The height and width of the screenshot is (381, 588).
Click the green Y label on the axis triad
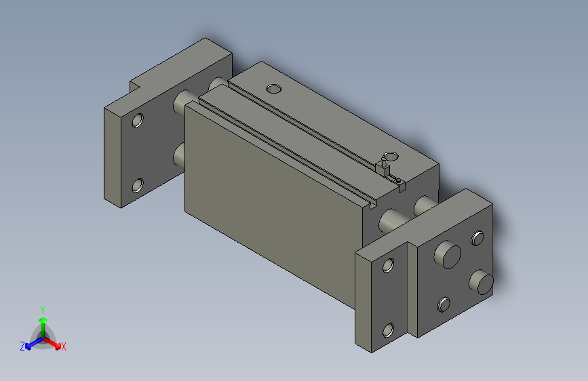pos(42,308)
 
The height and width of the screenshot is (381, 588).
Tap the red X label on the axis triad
pos(64,346)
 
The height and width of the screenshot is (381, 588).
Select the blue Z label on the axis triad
pos(22,346)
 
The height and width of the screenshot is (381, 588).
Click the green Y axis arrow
pos(42,321)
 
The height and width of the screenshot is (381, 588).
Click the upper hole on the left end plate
pos(138,121)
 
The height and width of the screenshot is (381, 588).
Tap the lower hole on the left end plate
pos(138,184)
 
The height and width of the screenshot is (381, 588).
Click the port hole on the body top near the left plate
pos(273,88)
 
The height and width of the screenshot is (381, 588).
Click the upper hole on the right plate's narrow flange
pos(389,265)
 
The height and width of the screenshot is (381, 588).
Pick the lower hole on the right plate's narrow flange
pos(388,330)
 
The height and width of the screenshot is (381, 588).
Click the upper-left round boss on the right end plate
pos(448,255)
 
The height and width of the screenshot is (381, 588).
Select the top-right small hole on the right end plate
pos(477,238)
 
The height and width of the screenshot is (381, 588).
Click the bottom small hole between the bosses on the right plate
pos(444,304)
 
